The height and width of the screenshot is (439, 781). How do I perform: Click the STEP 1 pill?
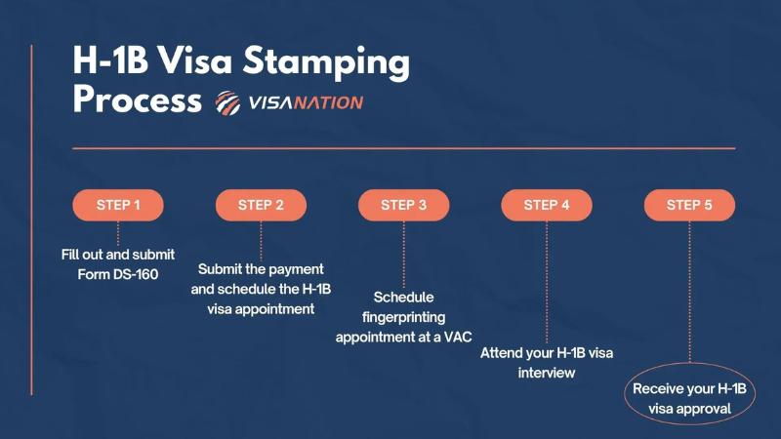[x=118, y=205]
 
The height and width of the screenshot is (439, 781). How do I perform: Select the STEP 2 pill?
[x=261, y=205]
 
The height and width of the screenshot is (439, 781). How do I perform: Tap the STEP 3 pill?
[x=403, y=205]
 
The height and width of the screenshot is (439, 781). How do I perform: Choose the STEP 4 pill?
[x=547, y=205]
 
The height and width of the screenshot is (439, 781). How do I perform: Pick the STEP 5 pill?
[x=689, y=205]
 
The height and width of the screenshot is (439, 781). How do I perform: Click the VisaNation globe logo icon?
[x=227, y=102]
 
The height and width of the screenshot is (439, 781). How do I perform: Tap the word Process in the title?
[x=137, y=100]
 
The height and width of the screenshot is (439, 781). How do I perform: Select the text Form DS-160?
[x=118, y=274]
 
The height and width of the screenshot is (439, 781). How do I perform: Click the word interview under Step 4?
[x=547, y=373]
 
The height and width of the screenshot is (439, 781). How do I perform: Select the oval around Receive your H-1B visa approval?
[x=689, y=399]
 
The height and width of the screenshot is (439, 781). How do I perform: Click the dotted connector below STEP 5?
[x=689, y=293]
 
